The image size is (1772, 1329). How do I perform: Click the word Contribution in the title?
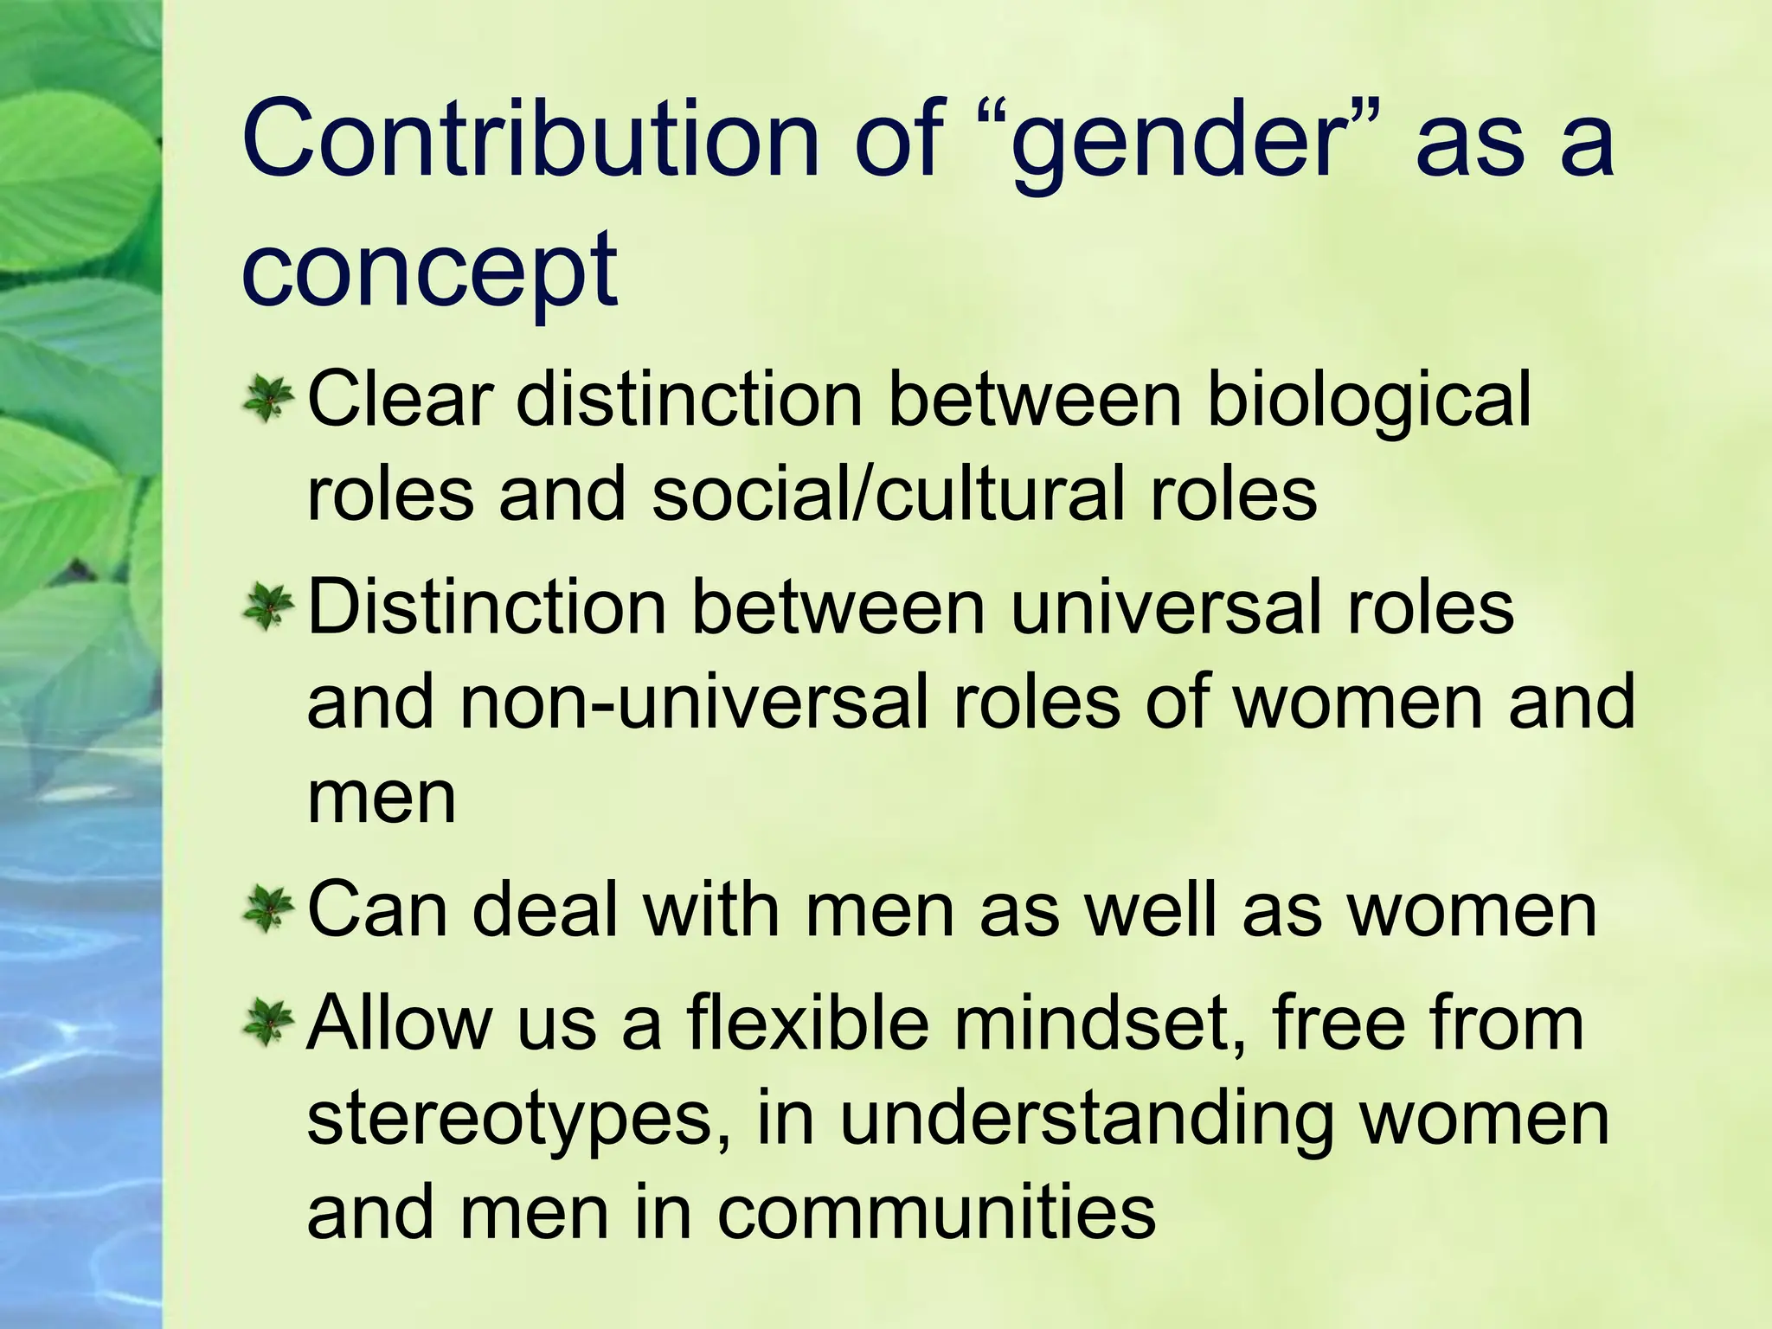pyautogui.click(x=530, y=138)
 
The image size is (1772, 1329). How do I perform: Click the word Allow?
pyautogui.click(x=400, y=1023)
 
